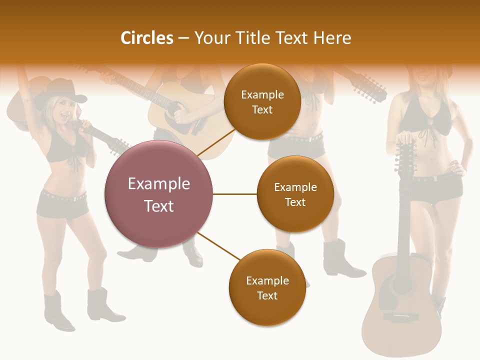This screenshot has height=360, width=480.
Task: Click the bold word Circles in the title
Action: click(146, 38)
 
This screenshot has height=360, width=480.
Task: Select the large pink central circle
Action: click(159, 194)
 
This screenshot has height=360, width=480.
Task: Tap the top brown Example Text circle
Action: click(262, 101)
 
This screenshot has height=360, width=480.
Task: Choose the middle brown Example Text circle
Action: click(295, 194)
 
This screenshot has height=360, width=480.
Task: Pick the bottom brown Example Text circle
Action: click(267, 287)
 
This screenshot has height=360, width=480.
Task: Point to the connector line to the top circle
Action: click(215, 142)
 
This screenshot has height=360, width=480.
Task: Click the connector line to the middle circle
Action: click(235, 194)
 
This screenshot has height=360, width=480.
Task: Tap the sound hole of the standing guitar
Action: click(401, 285)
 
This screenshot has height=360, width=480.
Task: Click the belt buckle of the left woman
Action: click(75, 198)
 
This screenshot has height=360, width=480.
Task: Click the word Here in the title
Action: click(333, 38)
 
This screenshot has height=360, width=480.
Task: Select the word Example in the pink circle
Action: click(159, 184)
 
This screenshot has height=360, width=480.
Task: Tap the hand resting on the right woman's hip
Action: click(456, 166)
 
